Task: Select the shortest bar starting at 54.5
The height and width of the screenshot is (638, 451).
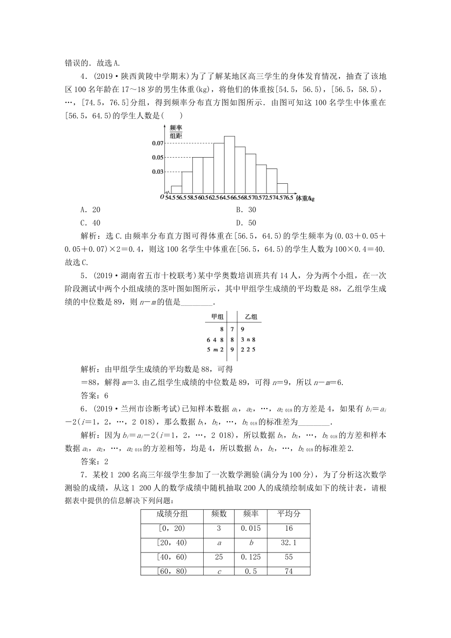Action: (x=176, y=191)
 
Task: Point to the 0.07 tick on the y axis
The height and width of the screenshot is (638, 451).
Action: (x=158, y=143)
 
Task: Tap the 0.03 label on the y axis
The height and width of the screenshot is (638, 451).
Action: (x=158, y=171)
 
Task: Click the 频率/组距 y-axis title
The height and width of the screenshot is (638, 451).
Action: (x=176, y=131)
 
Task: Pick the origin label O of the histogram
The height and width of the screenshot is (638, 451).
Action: (x=161, y=197)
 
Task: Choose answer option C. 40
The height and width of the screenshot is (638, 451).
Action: (x=91, y=223)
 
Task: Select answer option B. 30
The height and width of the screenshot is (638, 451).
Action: (x=246, y=210)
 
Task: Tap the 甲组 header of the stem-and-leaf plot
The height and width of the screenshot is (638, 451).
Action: (x=217, y=317)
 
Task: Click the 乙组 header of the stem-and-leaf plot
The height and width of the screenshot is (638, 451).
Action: (x=251, y=317)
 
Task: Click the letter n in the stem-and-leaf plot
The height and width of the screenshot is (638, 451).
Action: (x=248, y=339)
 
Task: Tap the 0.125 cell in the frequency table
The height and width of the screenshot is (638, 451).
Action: (x=250, y=557)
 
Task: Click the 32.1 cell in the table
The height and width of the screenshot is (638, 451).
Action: (x=289, y=543)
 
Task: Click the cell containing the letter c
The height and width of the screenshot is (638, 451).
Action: (x=219, y=572)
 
